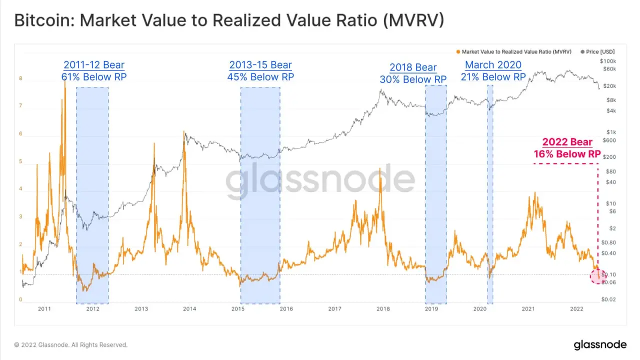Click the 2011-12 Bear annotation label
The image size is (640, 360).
point(93,65)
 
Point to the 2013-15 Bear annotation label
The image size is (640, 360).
point(260,65)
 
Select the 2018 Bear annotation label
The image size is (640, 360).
point(413,67)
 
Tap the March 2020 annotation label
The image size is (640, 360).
point(493,65)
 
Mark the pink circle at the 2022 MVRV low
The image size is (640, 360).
point(597,276)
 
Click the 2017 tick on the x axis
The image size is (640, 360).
point(335,309)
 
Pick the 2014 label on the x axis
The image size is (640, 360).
point(189,309)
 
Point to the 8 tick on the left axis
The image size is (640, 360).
point(21,78)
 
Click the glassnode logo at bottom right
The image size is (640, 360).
point(599,344)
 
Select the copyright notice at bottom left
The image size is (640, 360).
point(70,345)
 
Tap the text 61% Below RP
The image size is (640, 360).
point(93,76)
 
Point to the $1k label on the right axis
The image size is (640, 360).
point(608,132)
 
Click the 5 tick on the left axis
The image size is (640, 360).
point(21,161)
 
